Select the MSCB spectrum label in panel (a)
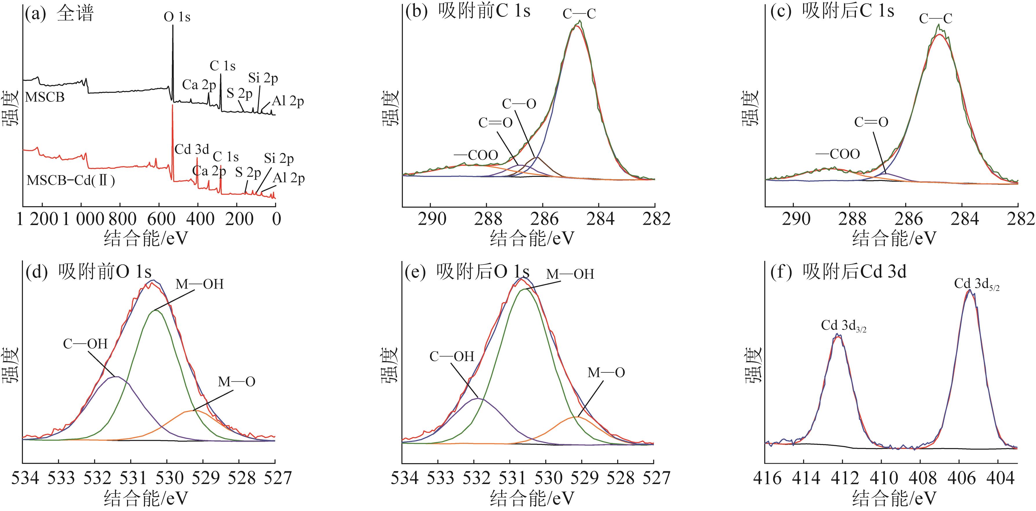pos(45,97)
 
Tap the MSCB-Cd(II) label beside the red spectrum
pos(71,180)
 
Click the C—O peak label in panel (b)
pos(519,104)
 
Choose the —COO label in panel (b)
pos(476,155)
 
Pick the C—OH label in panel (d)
pos(85,344)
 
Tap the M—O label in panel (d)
pos(236,382)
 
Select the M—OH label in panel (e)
pos(570,274)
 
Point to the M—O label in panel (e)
pos(606,373)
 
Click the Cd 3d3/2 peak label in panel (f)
pos(843,325)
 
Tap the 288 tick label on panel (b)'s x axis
pos(488,220)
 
